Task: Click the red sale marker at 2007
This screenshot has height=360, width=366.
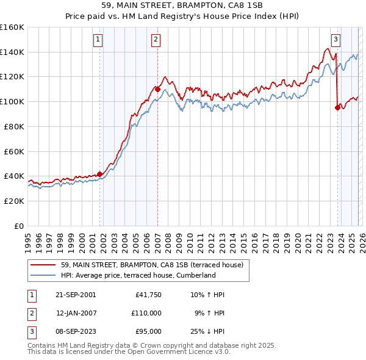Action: click(157, 89)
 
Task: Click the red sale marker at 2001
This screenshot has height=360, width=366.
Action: click(100, 174)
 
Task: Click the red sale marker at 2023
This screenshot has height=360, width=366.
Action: click(337, 108)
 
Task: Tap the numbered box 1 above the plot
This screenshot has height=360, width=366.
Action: click(98, 40)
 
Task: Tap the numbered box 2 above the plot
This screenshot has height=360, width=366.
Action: click(156, 40)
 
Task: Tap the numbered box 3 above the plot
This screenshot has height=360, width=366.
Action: click(335, 40)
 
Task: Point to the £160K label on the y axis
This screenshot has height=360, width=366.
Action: click(12, 27)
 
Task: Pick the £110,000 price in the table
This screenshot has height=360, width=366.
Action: click(146, 313)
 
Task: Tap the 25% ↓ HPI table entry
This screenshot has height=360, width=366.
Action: click(207, 331)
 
